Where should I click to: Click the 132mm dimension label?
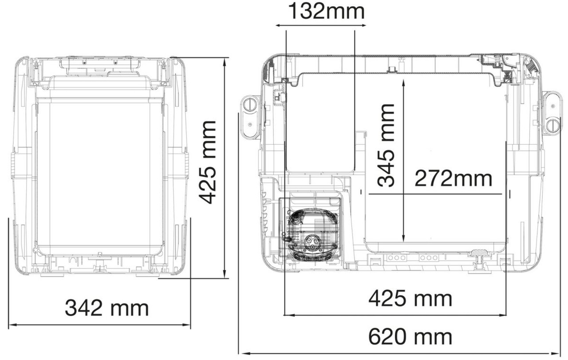[x=326, y=12]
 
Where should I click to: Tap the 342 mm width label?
[x=107, y=308]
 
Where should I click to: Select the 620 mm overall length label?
[x=410, y=336]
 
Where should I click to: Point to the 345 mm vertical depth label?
[x=386, y=145]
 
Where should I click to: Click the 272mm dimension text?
[x=453, y=178]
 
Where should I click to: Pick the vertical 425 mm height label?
[x=207, y=162]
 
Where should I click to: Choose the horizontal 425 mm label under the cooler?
[x=410, y=299]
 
